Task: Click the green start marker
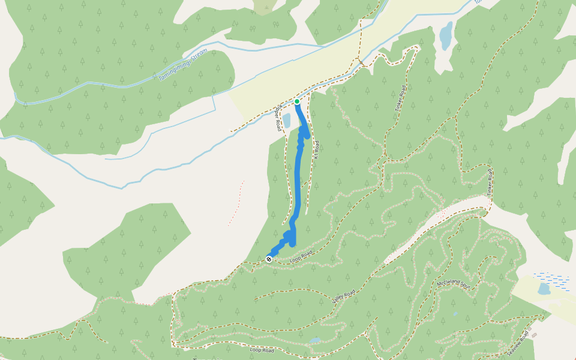coord(297,101)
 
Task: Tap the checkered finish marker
coord(269,259)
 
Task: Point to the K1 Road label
coord(315,149)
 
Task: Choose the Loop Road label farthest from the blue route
coord(261,350)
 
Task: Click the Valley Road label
coord(343,295)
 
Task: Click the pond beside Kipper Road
coord(286,121)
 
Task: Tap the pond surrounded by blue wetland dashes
coord(544,289)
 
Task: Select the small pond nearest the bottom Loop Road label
coord(315,340)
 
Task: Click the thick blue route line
coord(298,180)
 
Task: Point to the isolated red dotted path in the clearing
coord(236,204)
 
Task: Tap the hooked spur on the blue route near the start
coord(307,133)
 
